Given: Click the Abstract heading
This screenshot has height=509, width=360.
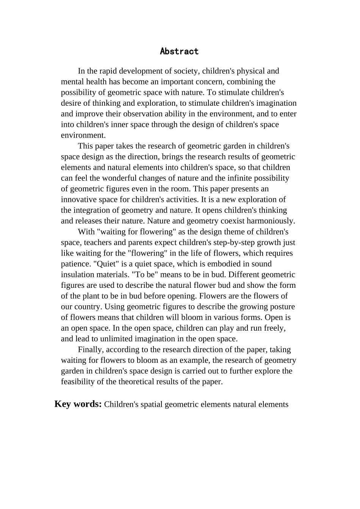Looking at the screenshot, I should [x=179, y=51].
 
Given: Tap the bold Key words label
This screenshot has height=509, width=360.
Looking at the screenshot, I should [x=78, y=404].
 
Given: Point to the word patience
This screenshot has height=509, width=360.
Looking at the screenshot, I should [x=76, y=264].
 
